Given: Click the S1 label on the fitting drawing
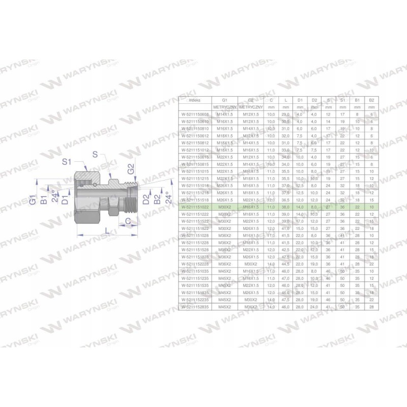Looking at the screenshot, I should (x=66, y=162).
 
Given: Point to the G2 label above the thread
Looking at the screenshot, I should (x=131, y=170).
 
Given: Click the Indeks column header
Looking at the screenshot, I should (x=189, y=101).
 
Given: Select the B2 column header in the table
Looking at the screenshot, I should (x=371, y=101).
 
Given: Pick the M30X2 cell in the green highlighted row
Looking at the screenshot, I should (x=224, y=208).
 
